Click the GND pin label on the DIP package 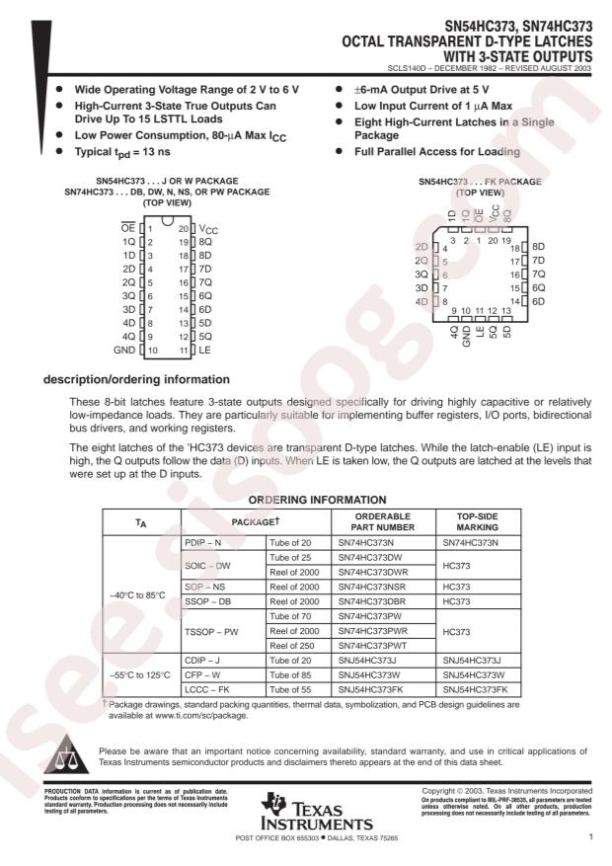coord(124,350)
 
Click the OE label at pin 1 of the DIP coord(127,228)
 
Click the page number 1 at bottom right coord(589,838)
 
